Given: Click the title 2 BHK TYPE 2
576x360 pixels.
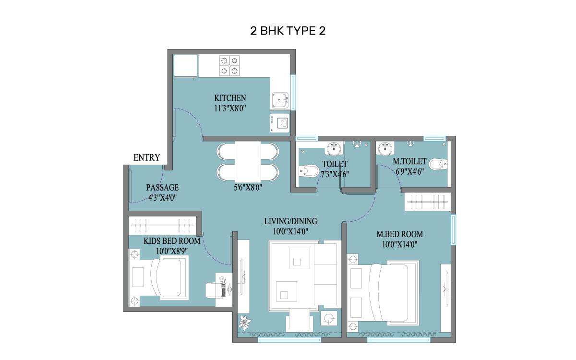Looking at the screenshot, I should (x=288, y=31).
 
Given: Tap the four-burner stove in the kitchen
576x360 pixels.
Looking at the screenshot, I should (x=229, y=66).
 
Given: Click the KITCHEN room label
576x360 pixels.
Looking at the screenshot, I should (x=230, y=98).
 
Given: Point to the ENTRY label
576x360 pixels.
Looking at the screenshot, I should (x=146, y=157).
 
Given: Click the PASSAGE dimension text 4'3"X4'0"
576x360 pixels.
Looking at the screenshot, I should (x=162, y=196).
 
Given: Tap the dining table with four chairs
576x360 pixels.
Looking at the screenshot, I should (x=248, y=162).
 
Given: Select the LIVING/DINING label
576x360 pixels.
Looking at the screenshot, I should (x=290, y=221).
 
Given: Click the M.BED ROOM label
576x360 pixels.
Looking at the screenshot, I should (x=399, y=234).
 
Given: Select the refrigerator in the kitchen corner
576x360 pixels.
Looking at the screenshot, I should (x=185, y=66).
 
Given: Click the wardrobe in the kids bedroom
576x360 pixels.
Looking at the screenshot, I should (x=163, y=225).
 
